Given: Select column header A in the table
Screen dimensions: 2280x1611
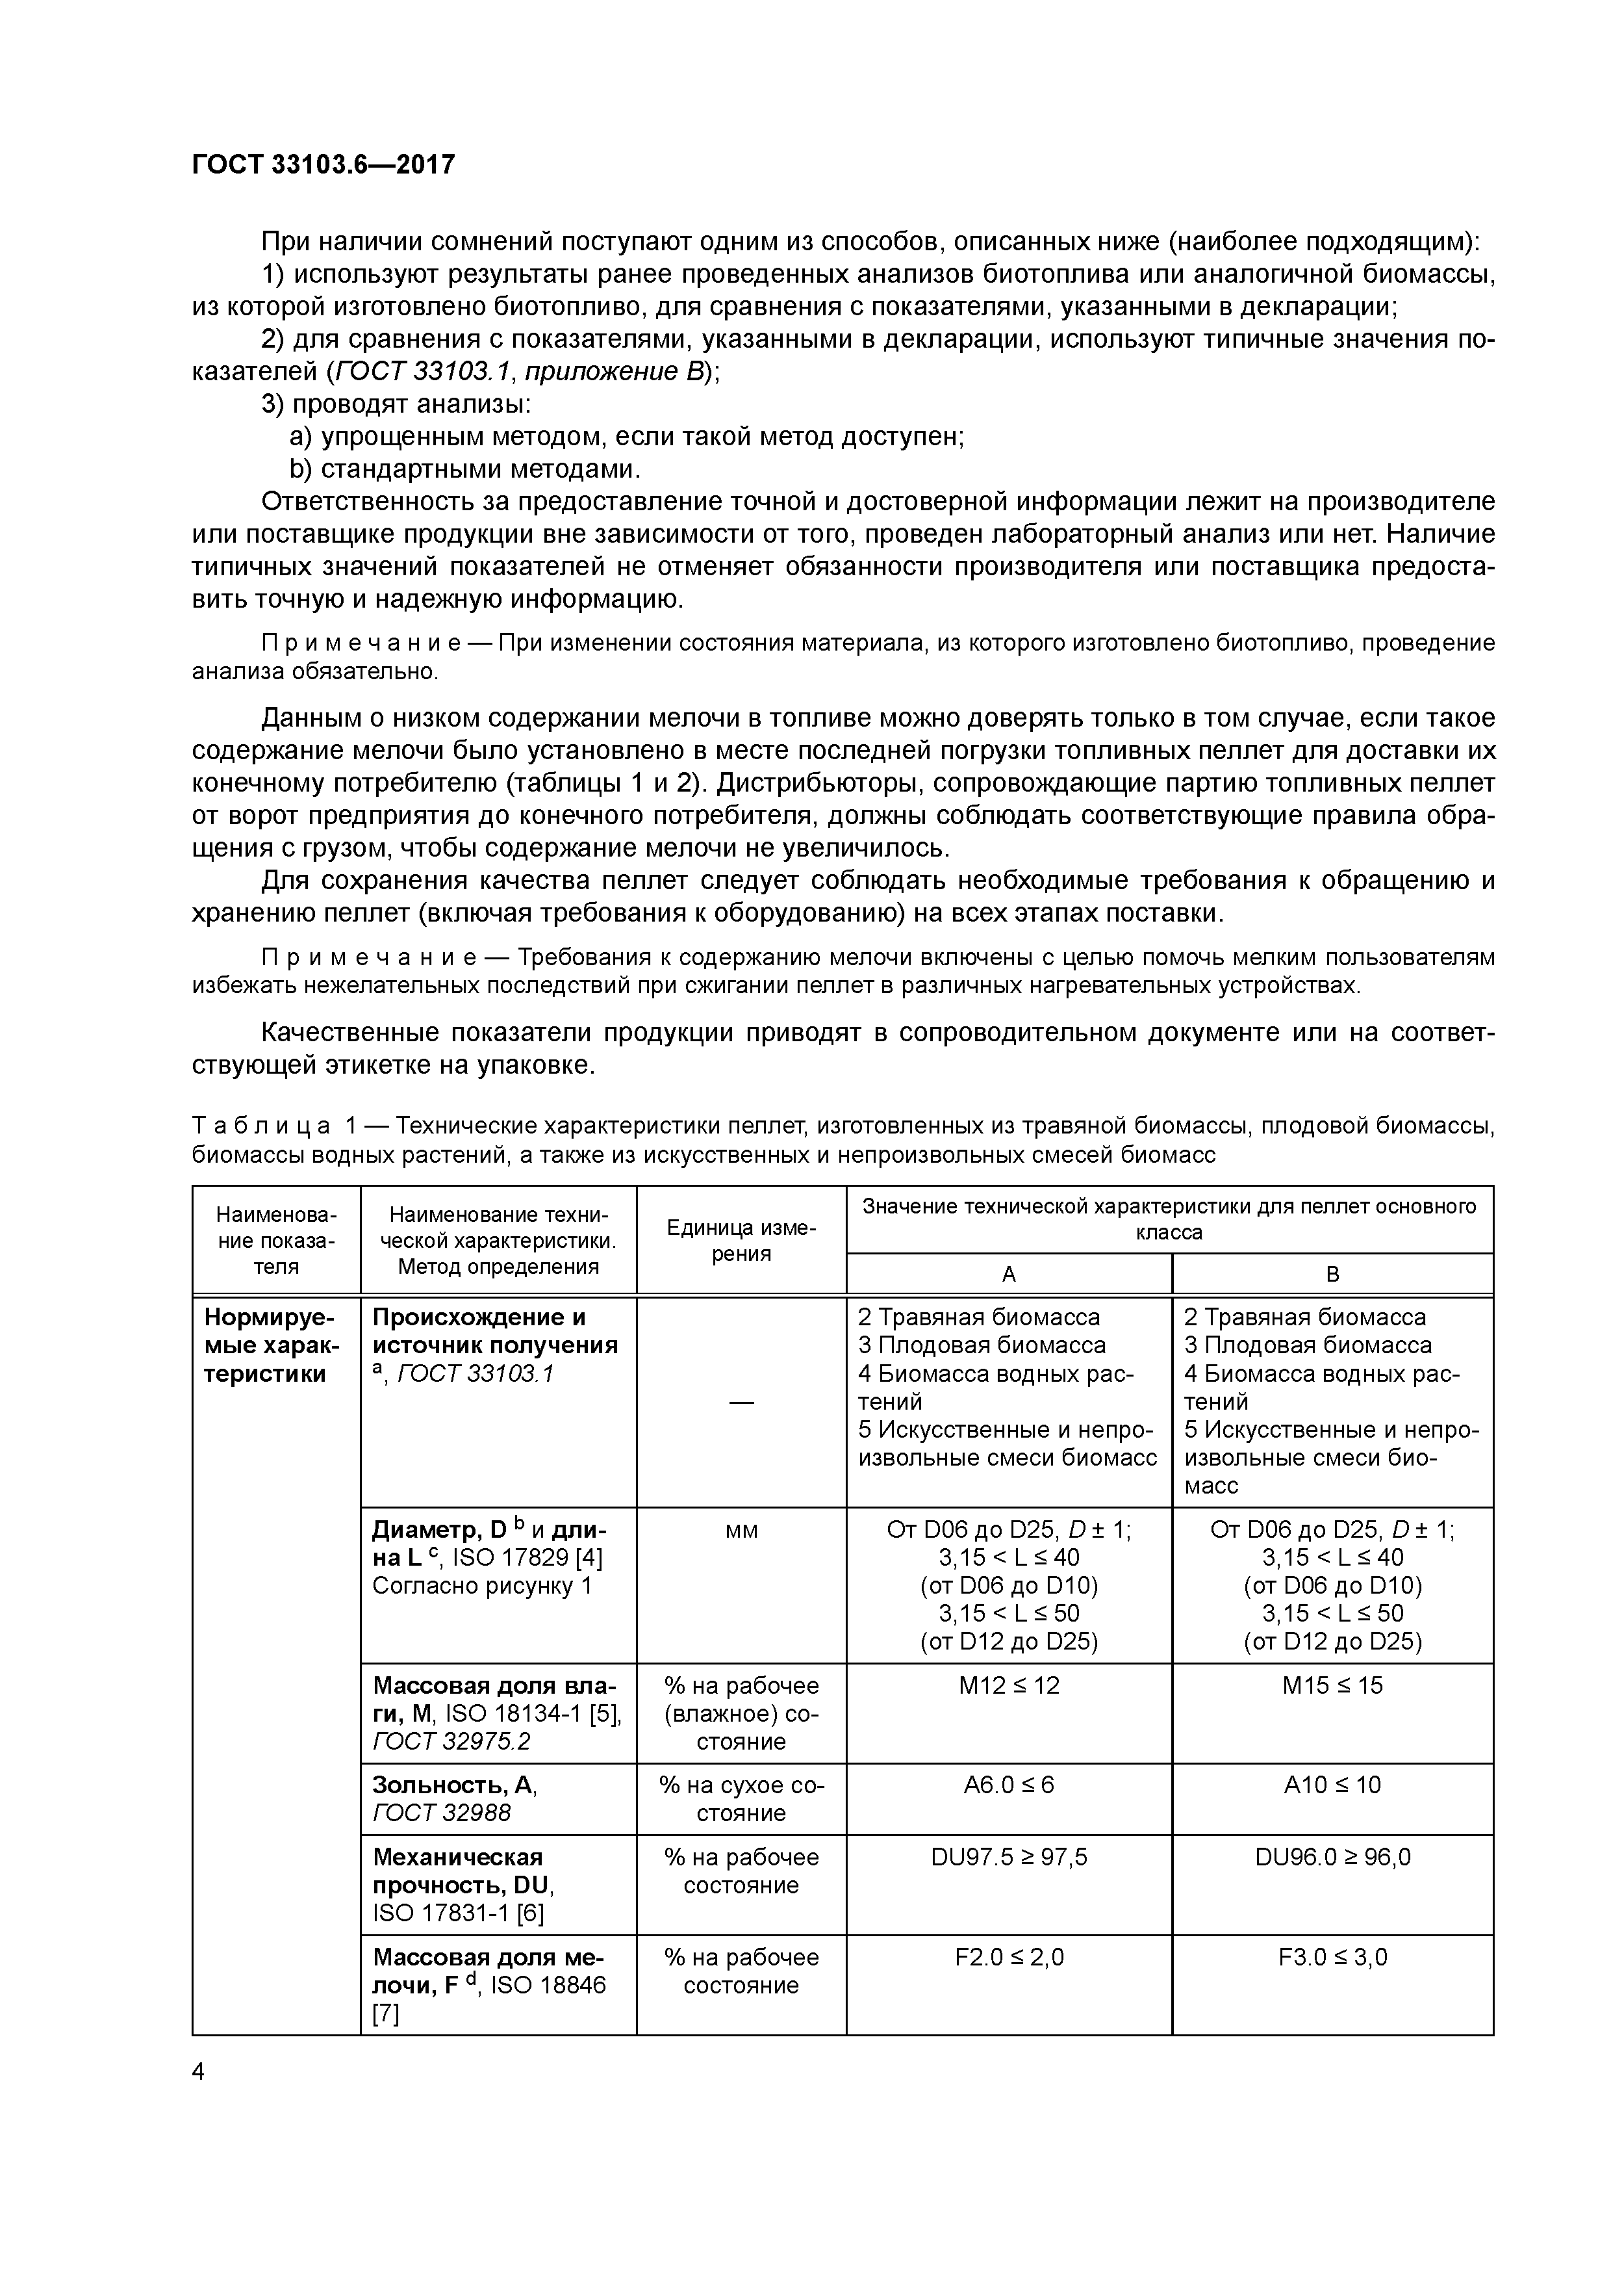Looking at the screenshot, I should coord(1008,1274).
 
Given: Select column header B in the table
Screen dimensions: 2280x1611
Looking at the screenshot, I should coord(1332,1274).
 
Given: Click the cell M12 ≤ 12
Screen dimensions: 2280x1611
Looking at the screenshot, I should coord(1008,1685).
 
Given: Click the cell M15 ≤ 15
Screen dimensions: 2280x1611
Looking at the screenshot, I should coord(1332,1685).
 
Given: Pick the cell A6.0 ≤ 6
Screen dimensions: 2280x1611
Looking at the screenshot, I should coord(1008,1785).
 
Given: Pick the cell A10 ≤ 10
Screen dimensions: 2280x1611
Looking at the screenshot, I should coord(1332,1785).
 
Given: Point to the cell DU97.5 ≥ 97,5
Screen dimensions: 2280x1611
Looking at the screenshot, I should coord(1008,1857).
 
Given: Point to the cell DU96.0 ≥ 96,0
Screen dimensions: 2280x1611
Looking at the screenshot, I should coord(1332,1857).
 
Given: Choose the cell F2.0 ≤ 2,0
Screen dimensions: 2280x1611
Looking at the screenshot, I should coord(1008,1957).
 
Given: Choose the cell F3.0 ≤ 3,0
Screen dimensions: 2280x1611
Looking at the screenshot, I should coord(1332,1957).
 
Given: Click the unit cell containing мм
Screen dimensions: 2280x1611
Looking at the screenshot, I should coord(741,1530).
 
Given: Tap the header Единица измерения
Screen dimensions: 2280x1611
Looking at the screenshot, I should coord(741,1240).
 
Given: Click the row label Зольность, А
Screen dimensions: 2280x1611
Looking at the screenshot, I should coord(453,1785).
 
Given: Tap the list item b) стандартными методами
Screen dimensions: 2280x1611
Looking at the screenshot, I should coord(464,469).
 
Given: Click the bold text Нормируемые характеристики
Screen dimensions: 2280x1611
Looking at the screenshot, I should coord(271,1345).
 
